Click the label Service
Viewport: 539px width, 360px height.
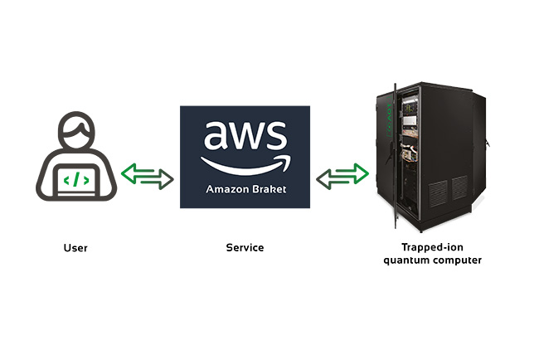[245, 248]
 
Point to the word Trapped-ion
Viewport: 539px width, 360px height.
[432, 247]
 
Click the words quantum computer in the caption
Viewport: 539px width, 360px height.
[432, 260]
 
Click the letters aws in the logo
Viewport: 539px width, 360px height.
[245, 137]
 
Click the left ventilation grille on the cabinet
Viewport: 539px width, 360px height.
[438, 190]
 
